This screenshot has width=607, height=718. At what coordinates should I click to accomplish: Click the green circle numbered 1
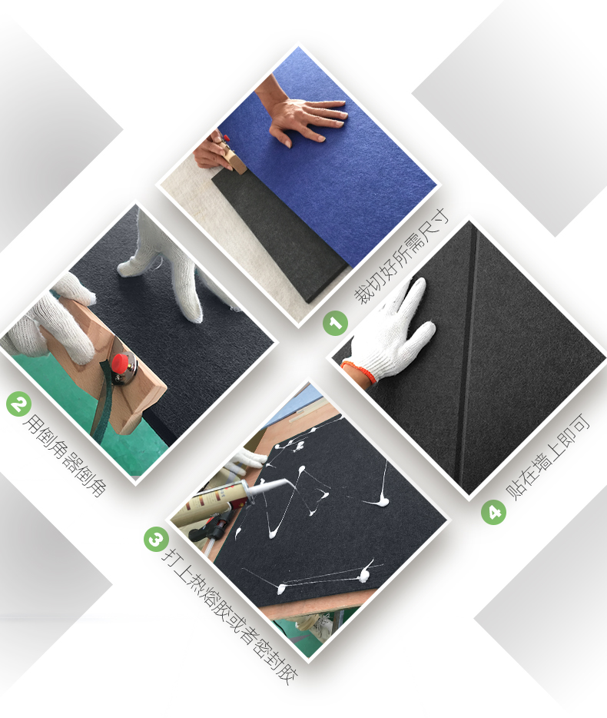pyautogui.click(x=336, y=324)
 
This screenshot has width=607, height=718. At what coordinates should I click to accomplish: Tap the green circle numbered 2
pyautogui.click(x=18, y=404)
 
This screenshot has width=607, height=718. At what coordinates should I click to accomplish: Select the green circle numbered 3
pyautogui.click(x=156, y=539)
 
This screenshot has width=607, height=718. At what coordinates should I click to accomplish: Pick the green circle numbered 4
pyautogui.click(x=493, y=511)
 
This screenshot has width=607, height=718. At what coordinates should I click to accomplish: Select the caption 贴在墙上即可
pyautogui.click(x=548, y=456)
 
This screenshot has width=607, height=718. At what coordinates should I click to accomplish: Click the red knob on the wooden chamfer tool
pyautogui.click(x=121, y=364)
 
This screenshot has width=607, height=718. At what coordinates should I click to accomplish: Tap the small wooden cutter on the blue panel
pyautogui.click(x=232, y=156)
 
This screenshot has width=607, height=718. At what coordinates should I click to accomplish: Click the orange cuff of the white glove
pyautogui.click(x=360, y=370)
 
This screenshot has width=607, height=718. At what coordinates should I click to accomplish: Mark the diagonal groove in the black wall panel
pyautogui.click(x=469, y=362)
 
